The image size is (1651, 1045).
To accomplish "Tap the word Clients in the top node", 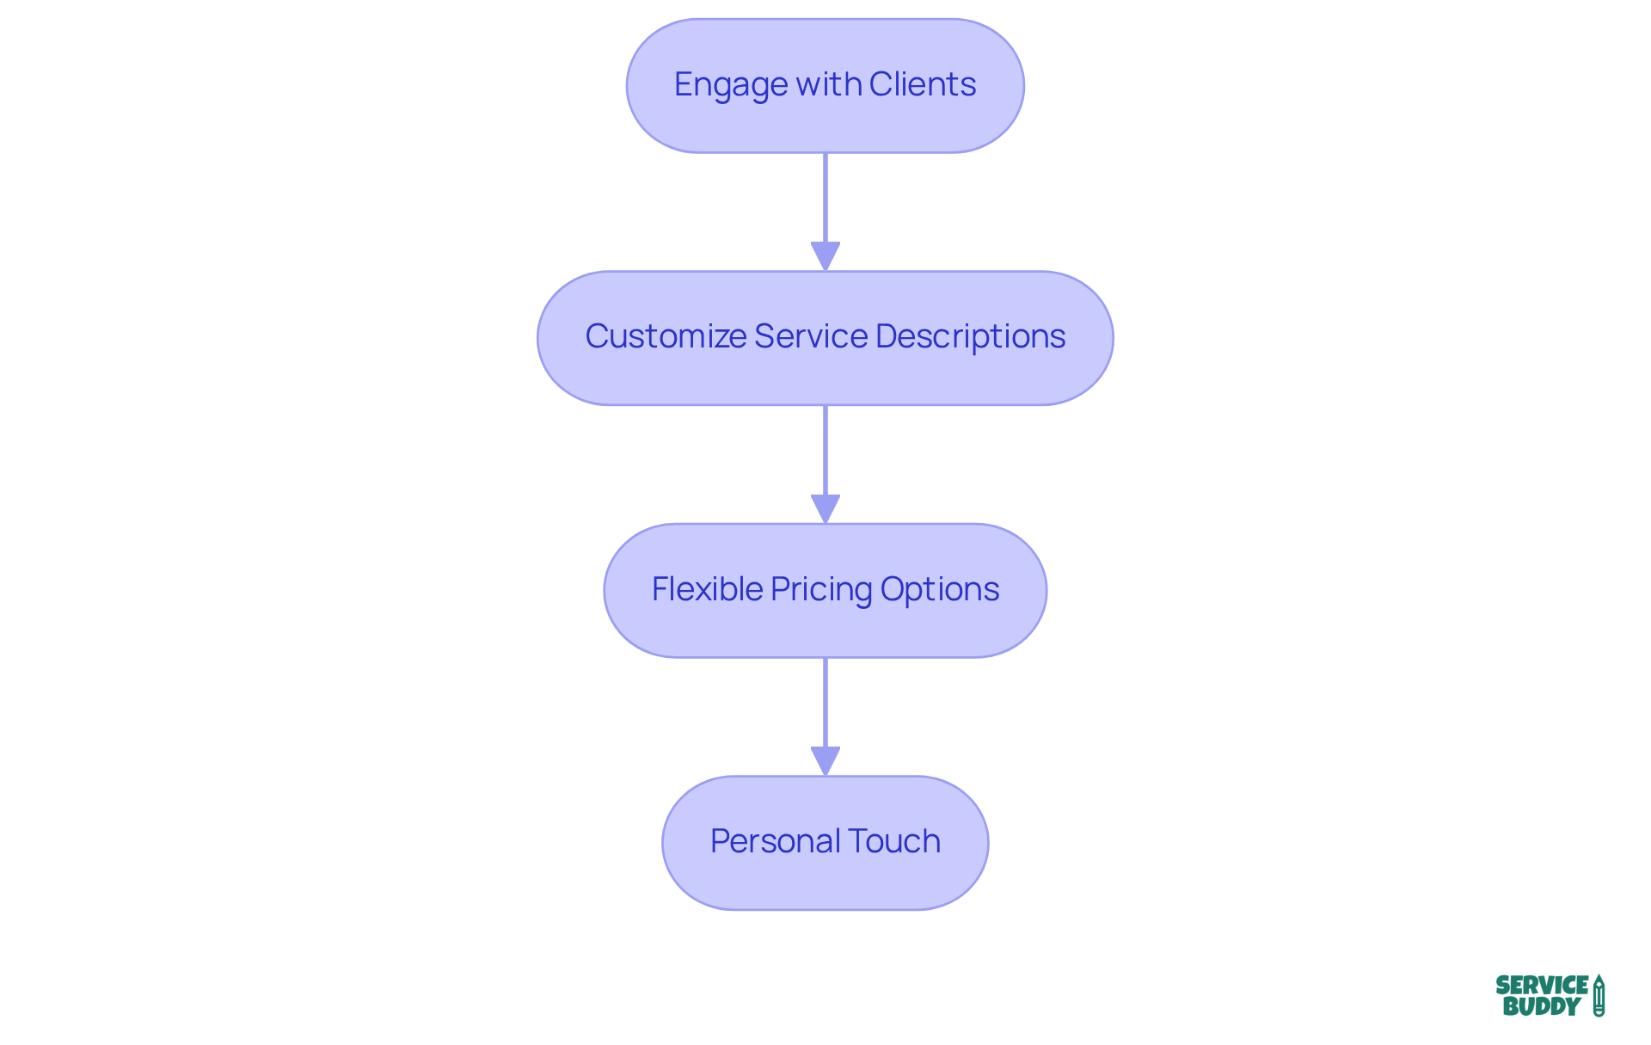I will tap(922, 84).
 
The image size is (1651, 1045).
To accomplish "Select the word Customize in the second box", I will tap(666, 336).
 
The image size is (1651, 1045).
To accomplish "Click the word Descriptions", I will tap(970, 336).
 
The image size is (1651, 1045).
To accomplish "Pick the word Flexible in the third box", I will tap(707, 589).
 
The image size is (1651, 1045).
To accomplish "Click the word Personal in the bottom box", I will tap(764, 841).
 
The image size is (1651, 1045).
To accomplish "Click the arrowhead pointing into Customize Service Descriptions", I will tap(825, 256).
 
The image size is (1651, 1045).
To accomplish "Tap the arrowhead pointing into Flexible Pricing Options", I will tap(825, 508).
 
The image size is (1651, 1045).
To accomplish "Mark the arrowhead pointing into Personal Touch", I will tap(825, 760).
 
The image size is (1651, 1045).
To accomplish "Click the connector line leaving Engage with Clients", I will tap(825, 198).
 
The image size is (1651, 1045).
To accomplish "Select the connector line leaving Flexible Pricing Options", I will tap(825, 702).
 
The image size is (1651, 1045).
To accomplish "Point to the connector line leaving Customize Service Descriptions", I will tap(825, 450).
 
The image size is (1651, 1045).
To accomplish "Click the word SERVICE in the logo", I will tap(1542, 986).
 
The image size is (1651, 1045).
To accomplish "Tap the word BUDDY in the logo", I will tap(1542, 1006).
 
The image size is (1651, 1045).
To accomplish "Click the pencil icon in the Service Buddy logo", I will tap(1599, 996).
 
